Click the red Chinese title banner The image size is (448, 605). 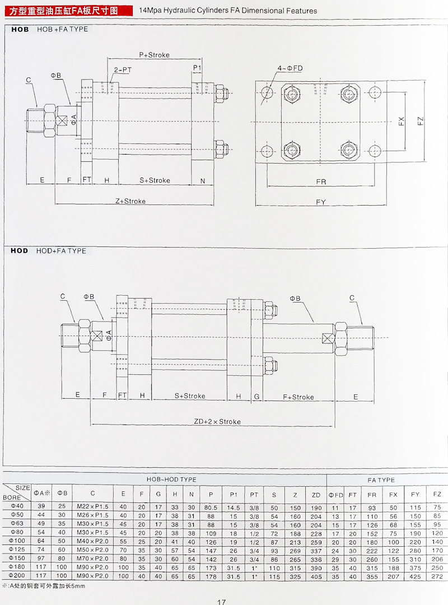[x=67, y=10]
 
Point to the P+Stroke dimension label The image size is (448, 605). [x=154, y=55]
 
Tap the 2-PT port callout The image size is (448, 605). [x=123, y=70]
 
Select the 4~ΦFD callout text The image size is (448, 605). [x=290, y=68]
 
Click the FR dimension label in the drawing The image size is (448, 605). [x=321, y=182]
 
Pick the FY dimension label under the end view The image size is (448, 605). [x=321, y=202]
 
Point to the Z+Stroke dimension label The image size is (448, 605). [x=130, y=201]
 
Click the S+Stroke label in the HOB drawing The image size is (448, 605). [x=155, y=180]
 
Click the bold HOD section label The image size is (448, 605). [x=19, y=251]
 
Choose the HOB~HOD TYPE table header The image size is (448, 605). [x=171, y=480]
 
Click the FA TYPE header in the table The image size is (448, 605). [x=381, y=480]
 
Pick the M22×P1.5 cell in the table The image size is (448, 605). [x=92, y=507]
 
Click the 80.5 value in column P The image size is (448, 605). [x=211, y=507]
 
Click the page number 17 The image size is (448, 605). [x=221, y=602]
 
